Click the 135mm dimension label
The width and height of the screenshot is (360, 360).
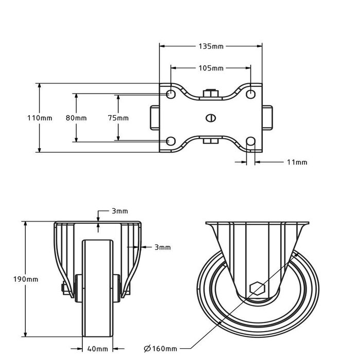pyautogui.click(x=211, y=46)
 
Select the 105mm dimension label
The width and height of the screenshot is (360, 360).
pyautogui.click(x=211, y=68)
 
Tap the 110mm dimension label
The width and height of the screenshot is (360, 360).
pyautogui.click(x=40, y=118)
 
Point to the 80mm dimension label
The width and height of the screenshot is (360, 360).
pyautogui.click(x=76, y=118)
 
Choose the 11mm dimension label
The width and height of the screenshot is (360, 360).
pyautogui.click(x=297, y=163)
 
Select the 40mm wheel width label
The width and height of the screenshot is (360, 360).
pyautogui.click(x=98, y=349)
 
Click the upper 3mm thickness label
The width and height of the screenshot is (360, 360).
pyautogui.click(x=119, y=211)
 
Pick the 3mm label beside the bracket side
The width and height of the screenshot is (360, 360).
pyautogui.click(x=163, y=247)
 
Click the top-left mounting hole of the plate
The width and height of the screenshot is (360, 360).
pyautogui.click(x=171, y=94)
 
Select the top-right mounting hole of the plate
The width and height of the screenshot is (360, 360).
pyautogui.click(x=250, y=94)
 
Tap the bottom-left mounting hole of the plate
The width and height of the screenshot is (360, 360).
pyautogui.click(x=171, y=141)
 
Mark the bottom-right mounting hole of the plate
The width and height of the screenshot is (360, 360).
pyautogui.click(x=250, y=141)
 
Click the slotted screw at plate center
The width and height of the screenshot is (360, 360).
pyautogui.click(x=210, y=118)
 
